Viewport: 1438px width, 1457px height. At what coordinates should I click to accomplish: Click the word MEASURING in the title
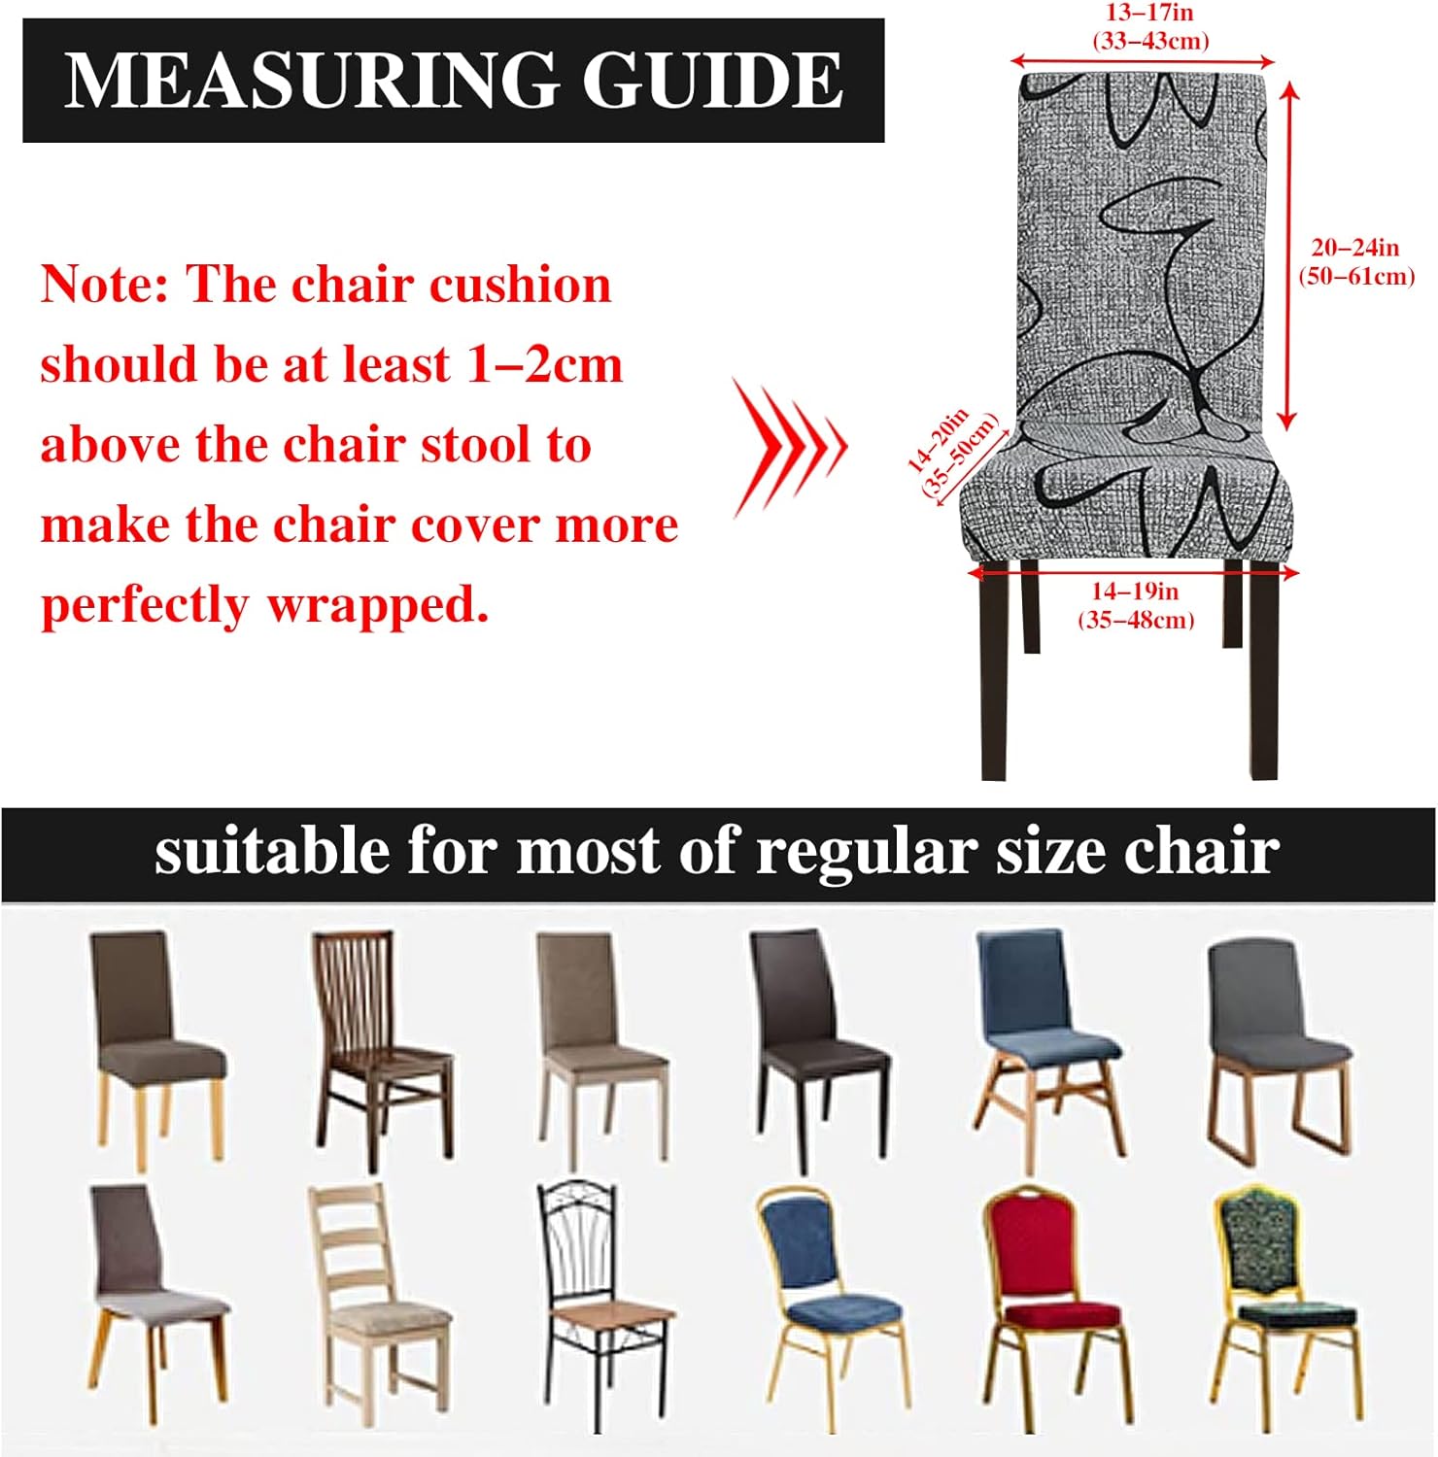point(309,80)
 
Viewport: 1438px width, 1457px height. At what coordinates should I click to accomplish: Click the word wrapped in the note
point(377,606)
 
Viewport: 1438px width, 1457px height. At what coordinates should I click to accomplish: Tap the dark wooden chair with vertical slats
point(382,1051)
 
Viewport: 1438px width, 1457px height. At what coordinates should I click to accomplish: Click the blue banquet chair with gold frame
point(833,1307)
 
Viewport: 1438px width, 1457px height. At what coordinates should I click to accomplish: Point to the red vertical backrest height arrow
point(1288,255)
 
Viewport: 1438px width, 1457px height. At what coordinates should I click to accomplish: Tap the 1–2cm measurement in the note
point(545,365)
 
